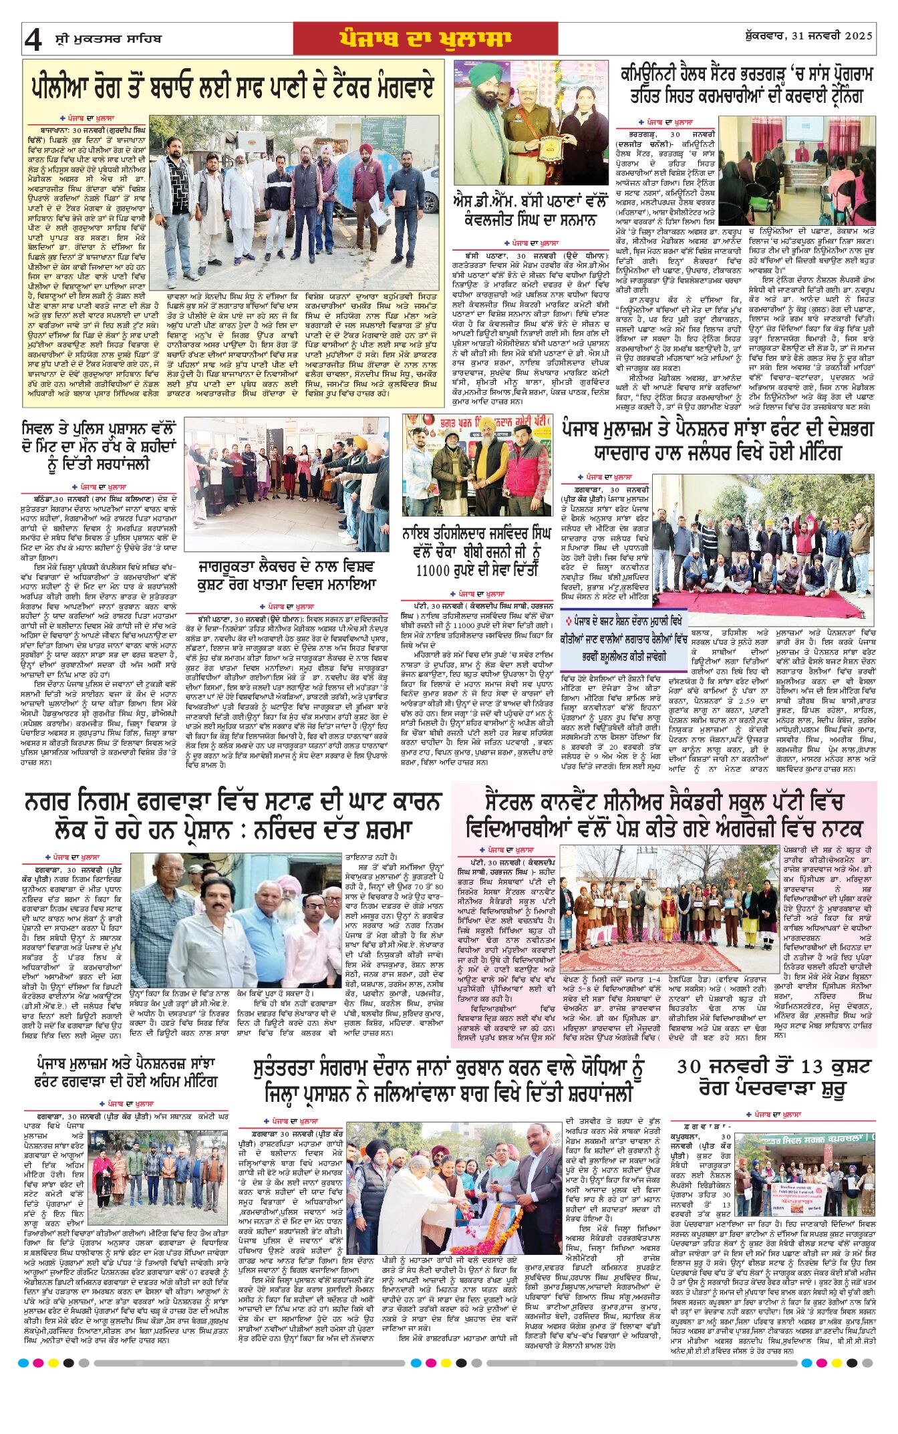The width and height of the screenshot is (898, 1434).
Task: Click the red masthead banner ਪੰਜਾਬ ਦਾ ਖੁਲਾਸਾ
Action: [426, 39]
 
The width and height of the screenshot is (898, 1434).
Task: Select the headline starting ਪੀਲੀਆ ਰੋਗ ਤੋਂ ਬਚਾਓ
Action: [233, 87]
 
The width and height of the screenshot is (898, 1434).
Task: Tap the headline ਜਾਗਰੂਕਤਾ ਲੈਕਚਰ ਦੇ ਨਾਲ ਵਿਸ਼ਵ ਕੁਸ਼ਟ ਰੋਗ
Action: [287, 575]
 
